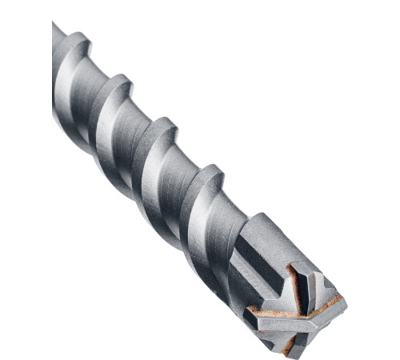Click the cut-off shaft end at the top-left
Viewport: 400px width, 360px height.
tap(56, 32)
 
